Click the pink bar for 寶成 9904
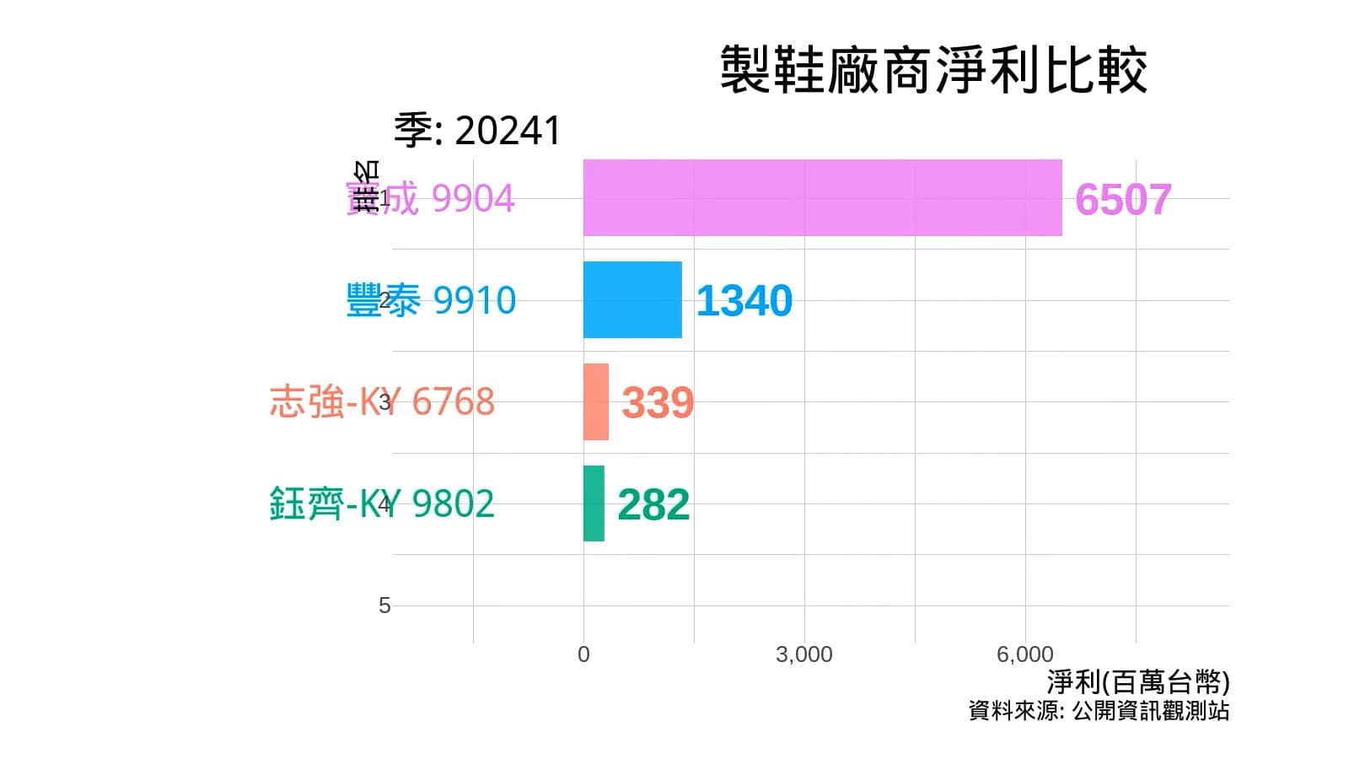coord(822,198)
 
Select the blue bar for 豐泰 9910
coord(632,300)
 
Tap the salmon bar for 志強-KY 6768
coord(595,402)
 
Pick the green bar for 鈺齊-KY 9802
coord(594,503)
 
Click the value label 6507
coord(1123,200)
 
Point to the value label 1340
coord(744,301)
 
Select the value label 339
coord(658,403)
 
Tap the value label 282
coord(653,505)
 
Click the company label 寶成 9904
coord(430,199)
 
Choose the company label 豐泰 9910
coord(431,300)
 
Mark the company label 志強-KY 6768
coord(382,401)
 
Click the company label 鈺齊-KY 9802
coord(382,503)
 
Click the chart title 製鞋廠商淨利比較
coord(932,70)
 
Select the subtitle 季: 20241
coord(477,131)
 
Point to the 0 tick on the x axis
coord(583,654)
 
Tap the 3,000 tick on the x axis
coord(804,654)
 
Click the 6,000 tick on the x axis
coord(1025,654)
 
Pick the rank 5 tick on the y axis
coord(384,606)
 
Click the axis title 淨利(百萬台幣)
coord(1137,681)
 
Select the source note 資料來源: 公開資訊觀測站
coord(1099,711)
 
